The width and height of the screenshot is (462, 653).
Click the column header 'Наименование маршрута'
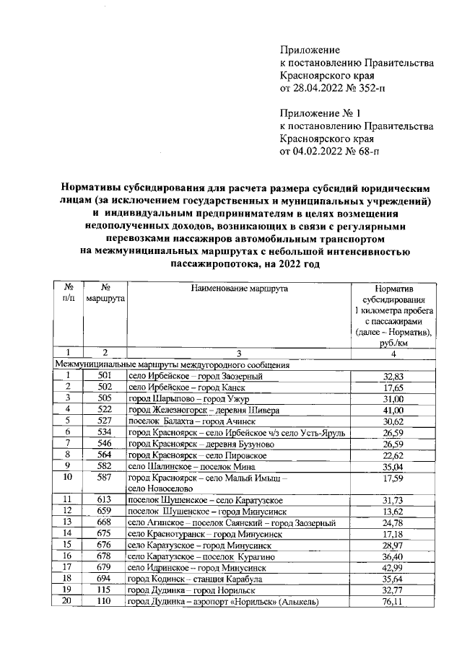point(239,288)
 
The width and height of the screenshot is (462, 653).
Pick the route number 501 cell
point(105,376)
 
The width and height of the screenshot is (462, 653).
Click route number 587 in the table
point(105,477)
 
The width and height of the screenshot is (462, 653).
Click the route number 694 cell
point(105,579)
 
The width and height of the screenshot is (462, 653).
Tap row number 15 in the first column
point(67,545)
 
